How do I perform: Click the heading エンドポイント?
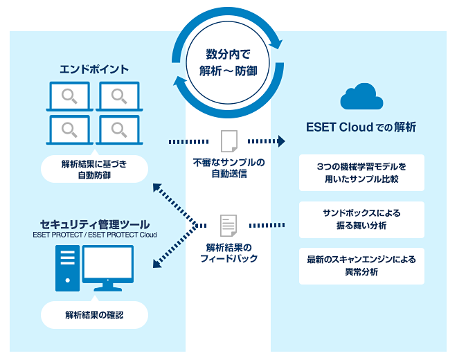[94, 69]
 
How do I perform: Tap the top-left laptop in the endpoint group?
[69, 96]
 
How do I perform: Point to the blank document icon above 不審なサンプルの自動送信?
[228, 141]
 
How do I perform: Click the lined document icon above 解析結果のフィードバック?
[228, 225]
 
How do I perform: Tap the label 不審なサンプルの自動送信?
[228, 169]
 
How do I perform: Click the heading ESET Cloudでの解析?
[361, 127]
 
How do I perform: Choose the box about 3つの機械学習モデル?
[361, 172]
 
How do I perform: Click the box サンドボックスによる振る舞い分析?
[361, 219]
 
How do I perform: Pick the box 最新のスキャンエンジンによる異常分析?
[361, 266]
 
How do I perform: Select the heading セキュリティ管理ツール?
[94, 224]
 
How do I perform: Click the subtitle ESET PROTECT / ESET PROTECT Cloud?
[94, 235]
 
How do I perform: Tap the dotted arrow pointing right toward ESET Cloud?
[267, 141]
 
